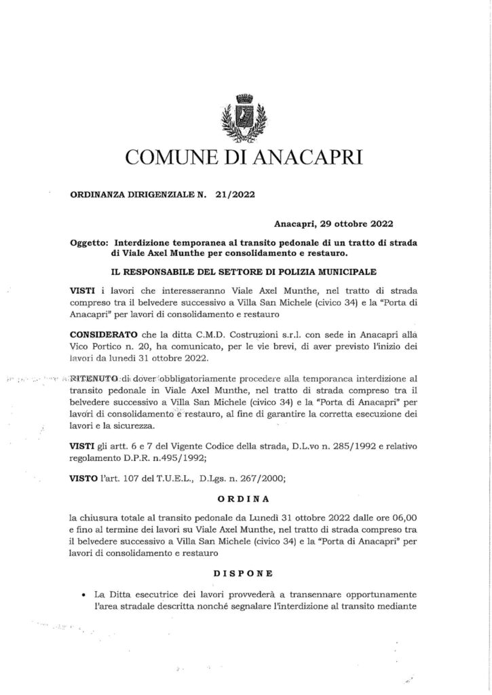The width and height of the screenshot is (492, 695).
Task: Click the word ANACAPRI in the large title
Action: [307, 159]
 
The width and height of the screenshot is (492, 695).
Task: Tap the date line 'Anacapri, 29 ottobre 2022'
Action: [334, 223]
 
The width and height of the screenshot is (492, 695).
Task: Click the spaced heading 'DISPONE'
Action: [246, 572]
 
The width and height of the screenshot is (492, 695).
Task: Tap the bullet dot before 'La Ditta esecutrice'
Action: [81, 594]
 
